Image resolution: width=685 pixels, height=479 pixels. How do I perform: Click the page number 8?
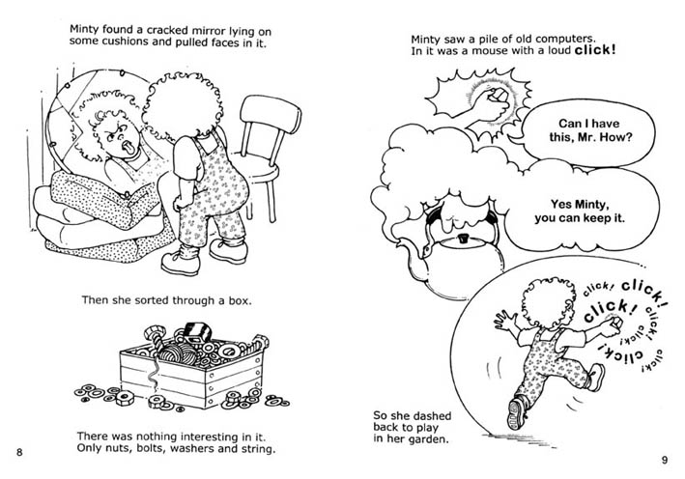tap(19, 452)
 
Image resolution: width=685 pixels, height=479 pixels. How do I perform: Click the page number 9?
tap(665, 460)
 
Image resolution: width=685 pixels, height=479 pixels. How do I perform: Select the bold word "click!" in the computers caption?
tap(595, 50)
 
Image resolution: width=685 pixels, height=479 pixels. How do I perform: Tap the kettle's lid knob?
tap(461, 239)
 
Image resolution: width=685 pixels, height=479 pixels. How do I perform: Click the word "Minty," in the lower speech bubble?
tap(592, 205)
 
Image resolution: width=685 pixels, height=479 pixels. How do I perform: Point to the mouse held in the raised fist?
tap(499, 95)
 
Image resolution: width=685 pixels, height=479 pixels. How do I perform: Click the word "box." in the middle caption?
tap(241, 300)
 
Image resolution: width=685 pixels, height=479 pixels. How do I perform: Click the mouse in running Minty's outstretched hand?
tap(615, 323)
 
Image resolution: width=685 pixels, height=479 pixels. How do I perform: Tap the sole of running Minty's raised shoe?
tap(515, 412)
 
